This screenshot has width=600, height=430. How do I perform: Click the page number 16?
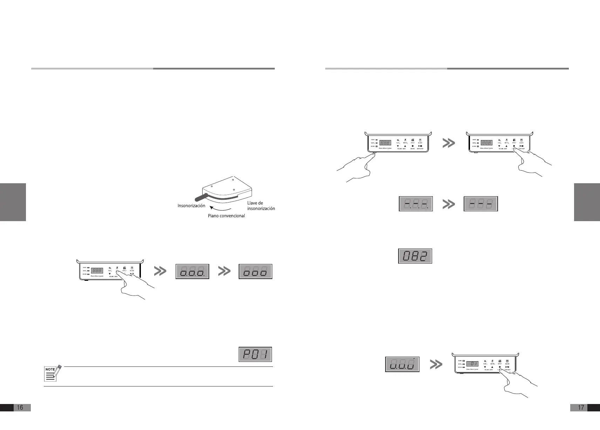click(20, 407)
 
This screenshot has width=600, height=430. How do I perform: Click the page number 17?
click(581, 407)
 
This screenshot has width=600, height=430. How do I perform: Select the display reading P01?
click(255, 354)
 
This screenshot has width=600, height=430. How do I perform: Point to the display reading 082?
click(415, 256)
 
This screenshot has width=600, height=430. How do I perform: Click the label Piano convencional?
click(226, 216)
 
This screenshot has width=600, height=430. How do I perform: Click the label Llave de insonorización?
click(261, 206)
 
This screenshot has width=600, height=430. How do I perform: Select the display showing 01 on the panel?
click(472, 364)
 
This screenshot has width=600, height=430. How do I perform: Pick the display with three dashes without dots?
click(480, 204)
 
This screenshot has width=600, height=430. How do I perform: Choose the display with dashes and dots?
click(416, 204)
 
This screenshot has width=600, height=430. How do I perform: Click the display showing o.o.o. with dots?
click(192, 271)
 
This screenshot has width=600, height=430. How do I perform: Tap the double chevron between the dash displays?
click(449, 204)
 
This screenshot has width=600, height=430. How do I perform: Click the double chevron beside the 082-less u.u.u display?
click(436, 365)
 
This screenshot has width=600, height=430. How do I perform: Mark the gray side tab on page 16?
click(13, 202)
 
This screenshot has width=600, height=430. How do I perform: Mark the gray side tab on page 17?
click(587, 202)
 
